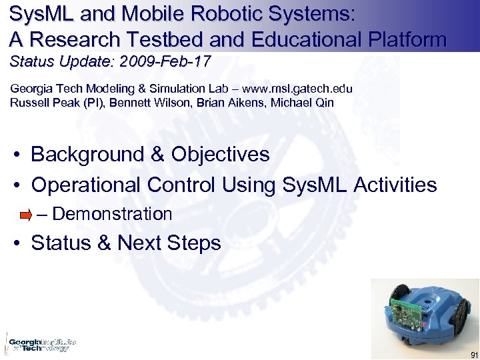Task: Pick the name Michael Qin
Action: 301,103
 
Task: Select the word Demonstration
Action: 111,214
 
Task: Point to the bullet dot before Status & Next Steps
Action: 17,244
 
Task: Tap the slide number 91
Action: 473,353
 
